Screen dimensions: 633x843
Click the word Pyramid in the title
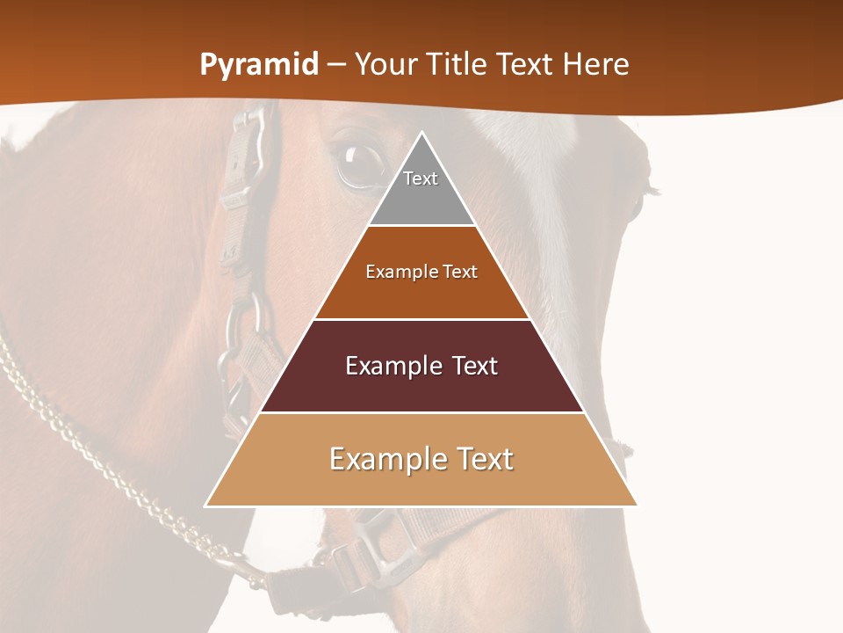pos(259,65)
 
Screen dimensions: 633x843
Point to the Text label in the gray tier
pos(421,178)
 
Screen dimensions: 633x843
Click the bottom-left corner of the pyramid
pos(206,506)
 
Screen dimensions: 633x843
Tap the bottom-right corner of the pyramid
pos(636,506)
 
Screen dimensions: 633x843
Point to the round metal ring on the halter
pos(246,321)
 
